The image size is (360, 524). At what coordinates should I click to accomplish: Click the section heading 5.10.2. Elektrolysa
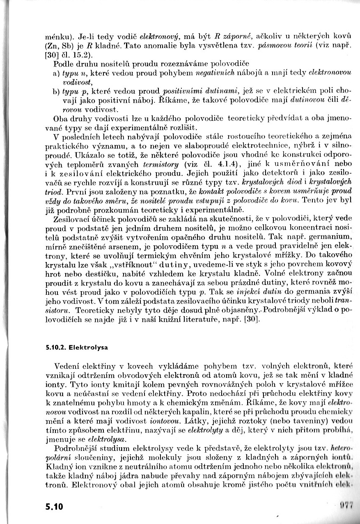(x=77, y=347)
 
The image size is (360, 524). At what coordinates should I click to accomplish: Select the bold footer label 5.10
(x=55, y=506)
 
